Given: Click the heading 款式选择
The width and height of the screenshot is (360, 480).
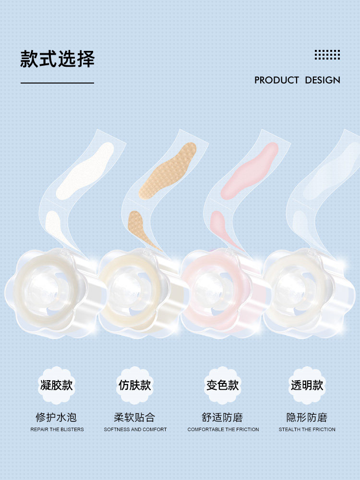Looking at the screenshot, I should point(57,59).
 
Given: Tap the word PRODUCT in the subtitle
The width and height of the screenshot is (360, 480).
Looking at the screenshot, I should point(276,80).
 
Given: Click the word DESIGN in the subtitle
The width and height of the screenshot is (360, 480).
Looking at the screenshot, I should point(323,80).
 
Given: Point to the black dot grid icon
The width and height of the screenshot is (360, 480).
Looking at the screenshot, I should point(327,55).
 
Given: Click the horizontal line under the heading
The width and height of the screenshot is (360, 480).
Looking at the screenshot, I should point(57,83).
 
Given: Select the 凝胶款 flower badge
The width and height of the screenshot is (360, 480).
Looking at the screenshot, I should point(57,385).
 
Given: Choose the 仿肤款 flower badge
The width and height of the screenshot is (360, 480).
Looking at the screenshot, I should point(135,385).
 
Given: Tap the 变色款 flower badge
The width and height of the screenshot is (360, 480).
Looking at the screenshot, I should point(223,385).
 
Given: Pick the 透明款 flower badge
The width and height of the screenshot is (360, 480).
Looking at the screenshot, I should point(307,385).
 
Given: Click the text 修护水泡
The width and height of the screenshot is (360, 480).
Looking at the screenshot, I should point(57,417).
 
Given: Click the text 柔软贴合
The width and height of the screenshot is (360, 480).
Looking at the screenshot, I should point(135,417).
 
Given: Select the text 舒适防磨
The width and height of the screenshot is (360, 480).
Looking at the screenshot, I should point(223,417).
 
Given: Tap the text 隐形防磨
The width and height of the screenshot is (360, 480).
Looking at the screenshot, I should point(307,417).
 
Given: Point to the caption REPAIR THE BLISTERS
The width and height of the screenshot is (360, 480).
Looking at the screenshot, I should point(57,430).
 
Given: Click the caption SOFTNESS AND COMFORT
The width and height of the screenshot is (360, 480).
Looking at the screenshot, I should point(135,430).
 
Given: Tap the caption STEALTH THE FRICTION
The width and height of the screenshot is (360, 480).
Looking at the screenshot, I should point(307,430).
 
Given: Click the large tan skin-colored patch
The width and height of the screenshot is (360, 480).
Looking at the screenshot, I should point(168,170).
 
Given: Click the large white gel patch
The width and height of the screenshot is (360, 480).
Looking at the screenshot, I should point(85,170).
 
